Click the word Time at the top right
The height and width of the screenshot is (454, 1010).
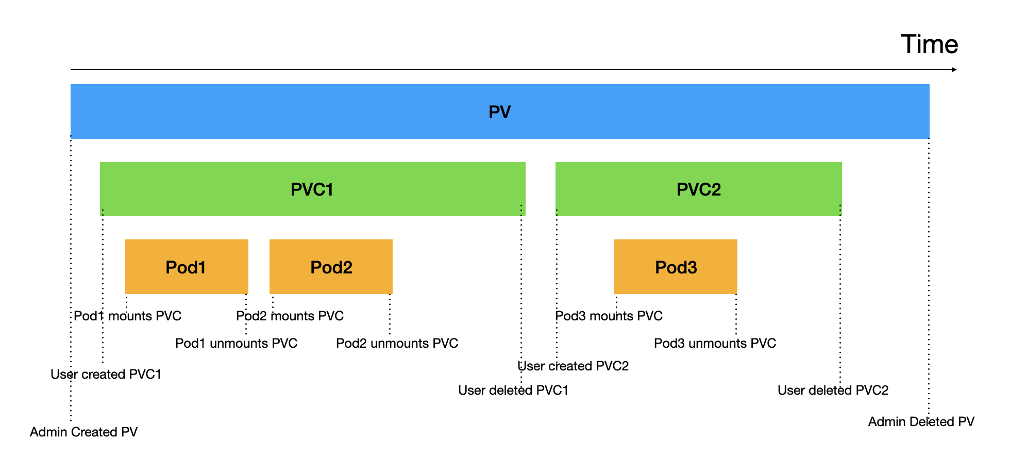point(929,44)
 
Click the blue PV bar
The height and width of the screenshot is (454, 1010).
point(499,111)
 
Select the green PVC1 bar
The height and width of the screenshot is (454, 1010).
point(312,189)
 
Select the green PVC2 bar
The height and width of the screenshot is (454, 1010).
point(698,189)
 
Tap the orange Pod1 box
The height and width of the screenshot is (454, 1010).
point(186,267)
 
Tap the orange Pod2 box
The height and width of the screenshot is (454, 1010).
point(331,267)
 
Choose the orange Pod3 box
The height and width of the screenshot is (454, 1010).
point(676,267)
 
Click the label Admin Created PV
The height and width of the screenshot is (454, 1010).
point(83,432)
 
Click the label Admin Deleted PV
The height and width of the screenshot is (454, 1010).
point(921,421)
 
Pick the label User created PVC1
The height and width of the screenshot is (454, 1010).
point(106,374)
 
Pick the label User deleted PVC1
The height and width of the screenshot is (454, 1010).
point(513,390)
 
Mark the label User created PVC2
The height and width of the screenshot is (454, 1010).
point(573,366)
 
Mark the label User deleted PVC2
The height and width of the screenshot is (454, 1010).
point(833,390)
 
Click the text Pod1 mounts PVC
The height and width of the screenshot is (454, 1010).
point(127,316)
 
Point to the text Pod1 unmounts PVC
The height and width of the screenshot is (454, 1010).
point(236,343)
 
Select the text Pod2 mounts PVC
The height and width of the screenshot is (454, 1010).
point(290,316)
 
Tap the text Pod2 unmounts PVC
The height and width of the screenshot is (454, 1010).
point(397,343)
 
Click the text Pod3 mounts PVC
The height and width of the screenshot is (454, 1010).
point(609,316)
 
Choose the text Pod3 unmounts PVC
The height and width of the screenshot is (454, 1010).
point(715,343)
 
